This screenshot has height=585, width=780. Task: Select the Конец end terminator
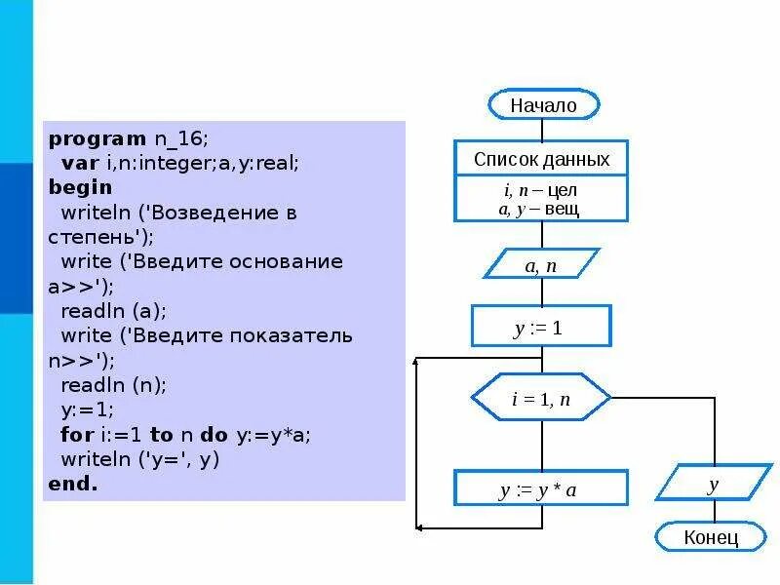[x=711, y=536]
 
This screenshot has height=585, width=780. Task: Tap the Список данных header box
[x=541, y=159]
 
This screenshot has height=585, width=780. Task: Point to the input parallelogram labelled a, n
[x=541, y=264]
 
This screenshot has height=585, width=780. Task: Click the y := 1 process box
[x=541, y=327]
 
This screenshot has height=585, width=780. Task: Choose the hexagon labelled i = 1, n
[x=541, y=398]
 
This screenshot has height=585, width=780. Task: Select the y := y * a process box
[x=541, y=489]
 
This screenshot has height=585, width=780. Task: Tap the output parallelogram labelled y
[x=713, y=484]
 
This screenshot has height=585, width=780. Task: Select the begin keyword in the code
[x=80, y=187]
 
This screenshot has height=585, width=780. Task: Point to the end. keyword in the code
[x=73, y=484]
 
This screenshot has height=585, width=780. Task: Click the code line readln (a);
[x=113, y=311]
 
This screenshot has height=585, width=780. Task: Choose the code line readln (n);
[x=113, y=385]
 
